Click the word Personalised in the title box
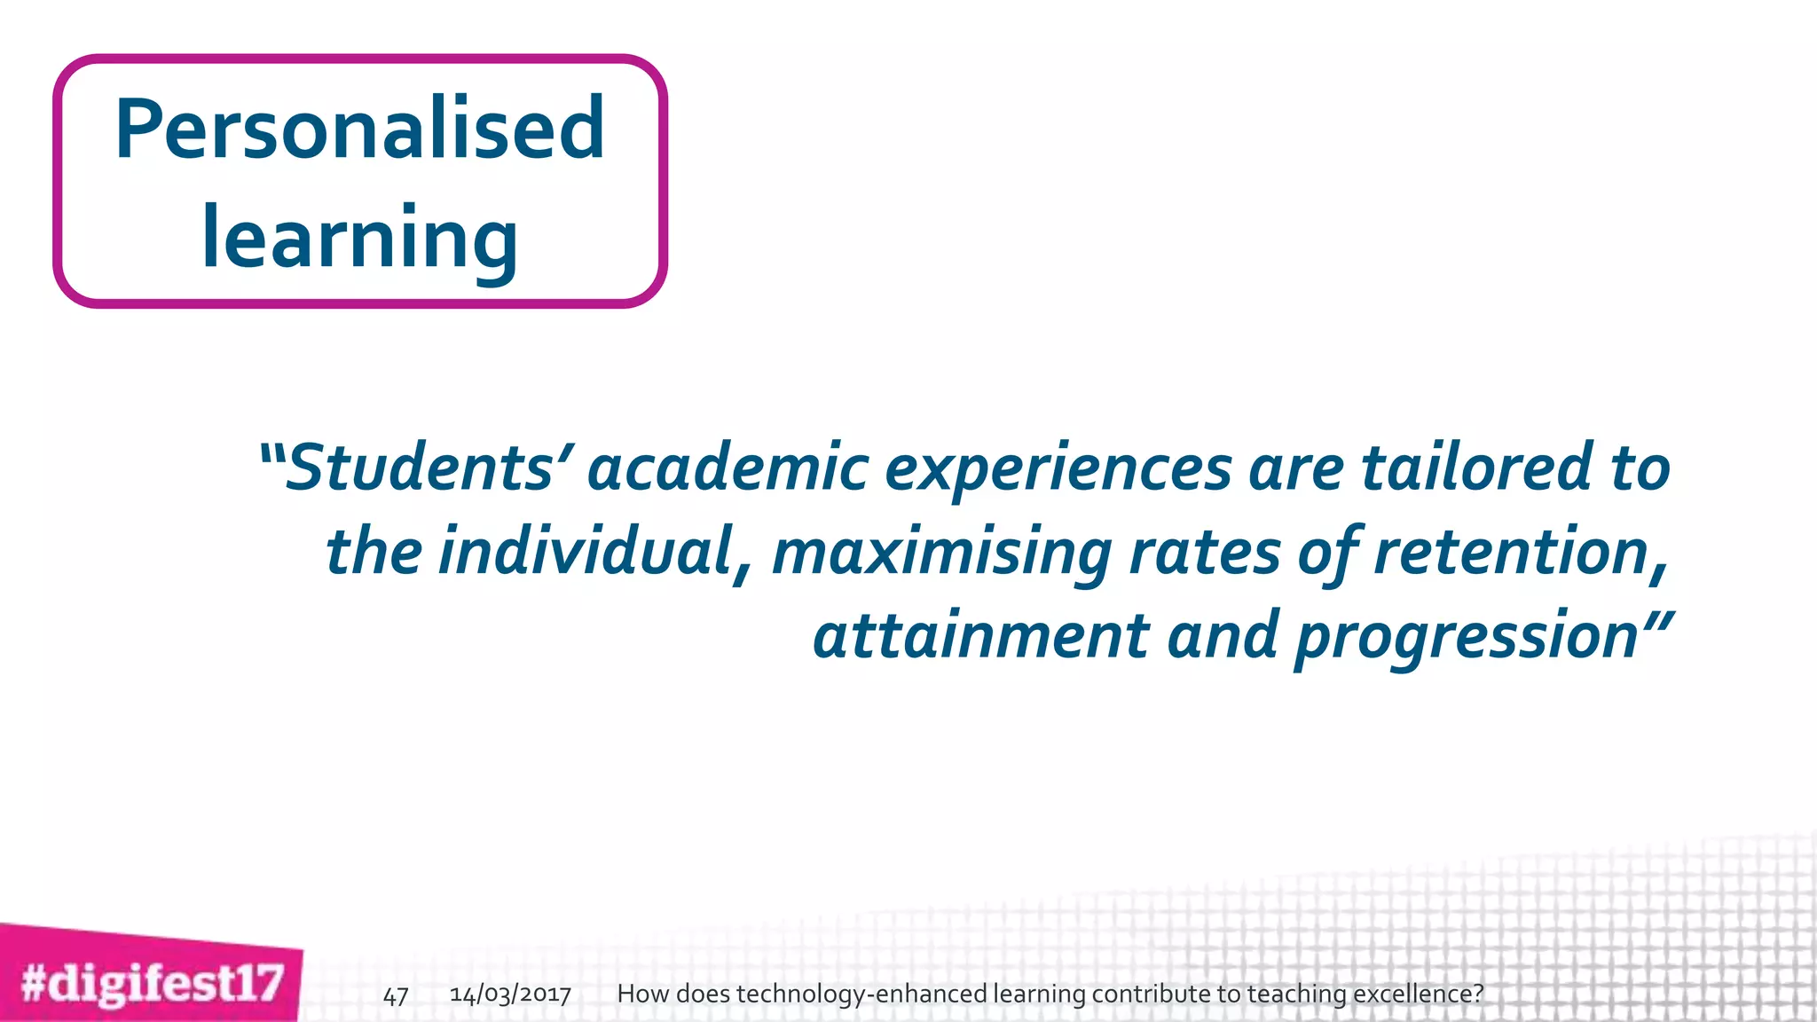pos(359,130)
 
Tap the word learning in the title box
pos(359,238)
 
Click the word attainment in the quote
pos(981,636)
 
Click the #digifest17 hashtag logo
pos(152,984)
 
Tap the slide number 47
pos(396,996)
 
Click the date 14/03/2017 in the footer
pos(510,994)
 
